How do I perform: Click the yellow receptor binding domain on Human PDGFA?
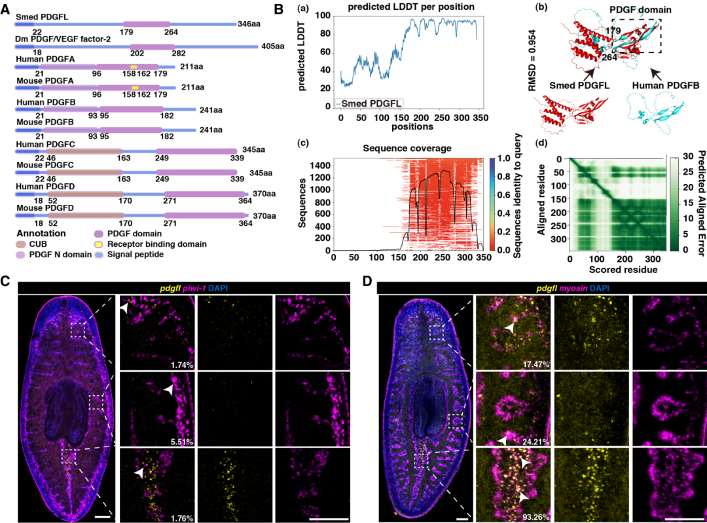[x=134, y=67]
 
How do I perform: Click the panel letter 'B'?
[x=279, y=9]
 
